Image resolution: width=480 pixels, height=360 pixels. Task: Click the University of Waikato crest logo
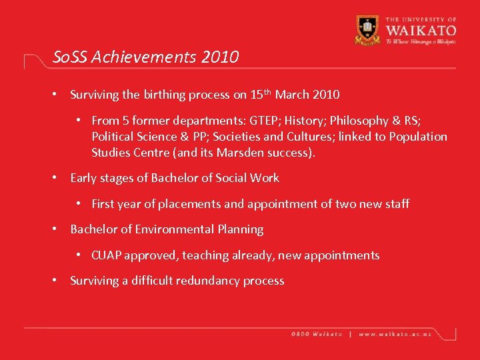(367, 29)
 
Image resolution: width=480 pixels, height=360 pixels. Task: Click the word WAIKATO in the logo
(419, 30)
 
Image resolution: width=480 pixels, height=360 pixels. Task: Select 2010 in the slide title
(218, 57)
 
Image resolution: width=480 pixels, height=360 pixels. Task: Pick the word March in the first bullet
(292, 95)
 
